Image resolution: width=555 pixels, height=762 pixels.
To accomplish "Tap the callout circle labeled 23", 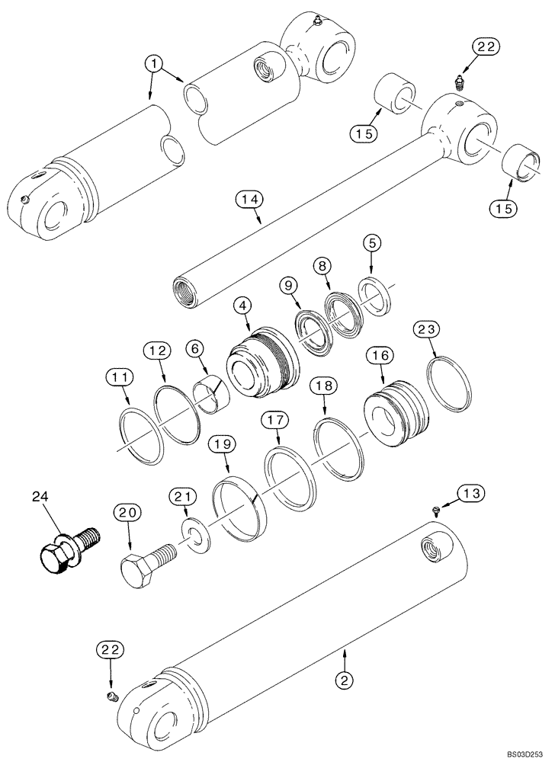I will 427,330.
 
